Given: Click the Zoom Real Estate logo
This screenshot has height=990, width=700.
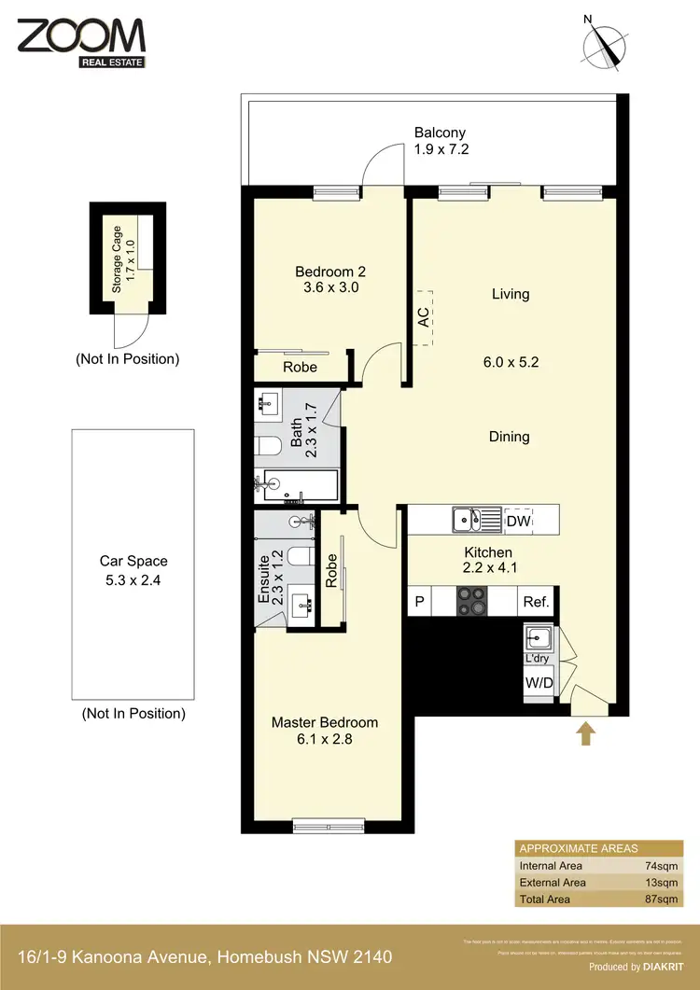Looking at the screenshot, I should (80, 42).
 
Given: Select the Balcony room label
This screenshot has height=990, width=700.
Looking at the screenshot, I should (440, 133).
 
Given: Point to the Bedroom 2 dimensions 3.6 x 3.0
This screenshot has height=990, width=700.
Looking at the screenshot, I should (327, 288).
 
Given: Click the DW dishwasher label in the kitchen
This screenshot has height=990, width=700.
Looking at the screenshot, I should (517, 521).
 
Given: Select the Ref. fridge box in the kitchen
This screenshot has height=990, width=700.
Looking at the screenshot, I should (536, 602).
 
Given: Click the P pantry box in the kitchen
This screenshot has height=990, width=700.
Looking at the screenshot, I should (420, 602).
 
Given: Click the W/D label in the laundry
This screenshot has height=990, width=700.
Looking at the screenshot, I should (539, 683).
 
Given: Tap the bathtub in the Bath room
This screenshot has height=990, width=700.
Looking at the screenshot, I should (297, 483).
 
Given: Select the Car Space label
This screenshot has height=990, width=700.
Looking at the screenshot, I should (133, 562).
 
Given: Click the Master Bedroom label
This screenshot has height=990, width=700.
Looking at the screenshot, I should (324, 722).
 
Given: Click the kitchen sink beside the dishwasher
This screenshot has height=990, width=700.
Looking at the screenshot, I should (467, 519).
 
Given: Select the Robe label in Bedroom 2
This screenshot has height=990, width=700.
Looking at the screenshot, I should (300, 367).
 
